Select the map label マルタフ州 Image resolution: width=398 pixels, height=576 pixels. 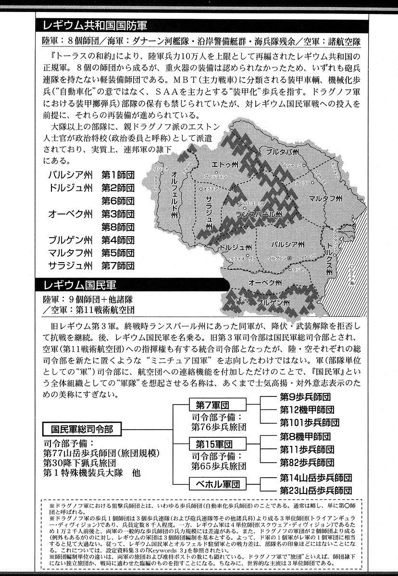[x=325, y=198]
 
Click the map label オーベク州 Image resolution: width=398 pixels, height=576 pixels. [x=262, y=281]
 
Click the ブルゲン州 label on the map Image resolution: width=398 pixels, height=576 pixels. [x=273, y=303]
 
